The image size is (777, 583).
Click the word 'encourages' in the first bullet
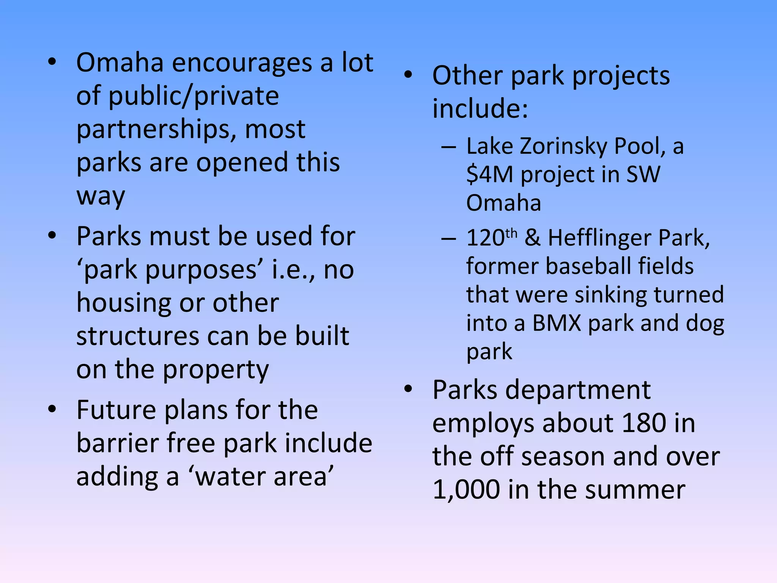242,63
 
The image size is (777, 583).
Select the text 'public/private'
193,96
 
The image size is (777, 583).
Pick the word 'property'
216,370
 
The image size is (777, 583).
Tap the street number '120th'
491,238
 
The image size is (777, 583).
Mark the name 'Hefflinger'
599,238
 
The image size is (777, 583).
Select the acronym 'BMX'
557,323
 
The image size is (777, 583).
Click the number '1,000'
466,490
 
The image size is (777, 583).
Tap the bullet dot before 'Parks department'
408,389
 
